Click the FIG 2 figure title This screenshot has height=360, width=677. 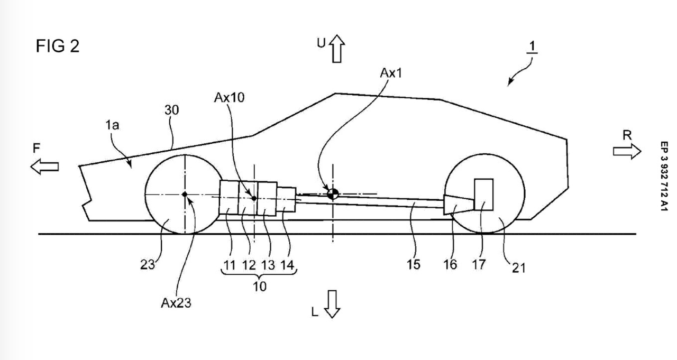pyautogui.click(x=58, y=46)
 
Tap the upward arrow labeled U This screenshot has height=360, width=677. pyautogui.click(x=337, y=49)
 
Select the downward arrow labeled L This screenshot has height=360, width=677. pyautogui.click(x=332, y=304)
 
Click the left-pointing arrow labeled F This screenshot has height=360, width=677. pyautogui.click(x=44, y=167)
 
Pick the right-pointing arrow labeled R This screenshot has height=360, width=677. pyautogui.click(x=627, y=151)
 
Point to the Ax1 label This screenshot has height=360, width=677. pyautogui.click(x=391, y=73)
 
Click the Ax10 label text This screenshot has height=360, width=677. pyautogui.click(x=229, y=98)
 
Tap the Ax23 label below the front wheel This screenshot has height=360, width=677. pyautogui.click(x=176, y=303)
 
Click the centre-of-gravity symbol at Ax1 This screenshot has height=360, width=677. pyautogui.click(x=333, y=194)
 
